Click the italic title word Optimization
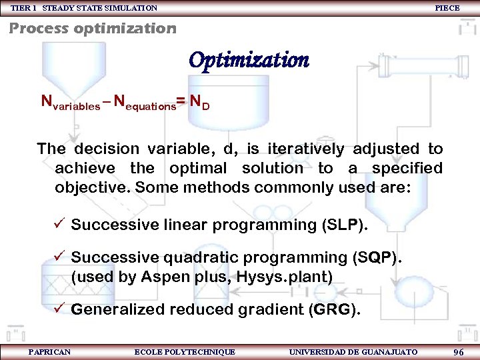coord(249,61)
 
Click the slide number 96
coord(458,352)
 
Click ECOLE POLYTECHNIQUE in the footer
coord(185,352)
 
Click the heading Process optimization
coord(93,29)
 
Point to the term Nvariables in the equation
coord(71,103)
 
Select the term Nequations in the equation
coord(144,103)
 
